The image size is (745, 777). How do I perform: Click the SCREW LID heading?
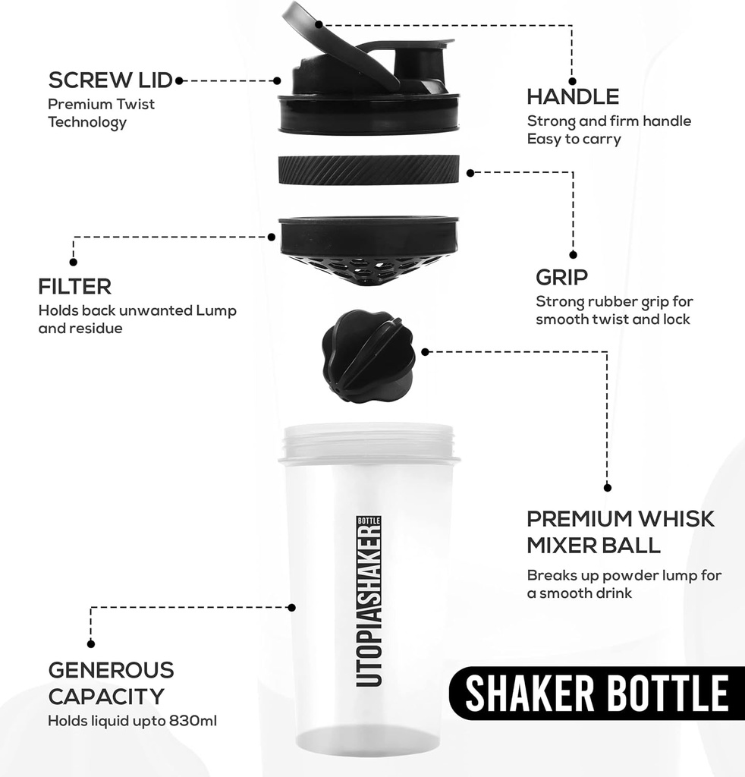tap(110, 80)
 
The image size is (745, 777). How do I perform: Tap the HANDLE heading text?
tap(573, 97)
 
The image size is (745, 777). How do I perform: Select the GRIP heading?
tap(561, 276)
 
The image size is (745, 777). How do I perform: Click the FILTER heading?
tap(74, 287)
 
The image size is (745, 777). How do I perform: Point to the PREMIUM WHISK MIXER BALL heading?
tap(620, 532)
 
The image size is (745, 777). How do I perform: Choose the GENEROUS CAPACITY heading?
tap(111, 683)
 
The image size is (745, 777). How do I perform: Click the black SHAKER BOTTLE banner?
tap(596, 693)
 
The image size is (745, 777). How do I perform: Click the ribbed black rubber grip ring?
tap(369, 169)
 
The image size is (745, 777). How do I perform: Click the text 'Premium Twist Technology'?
tap(101, 113)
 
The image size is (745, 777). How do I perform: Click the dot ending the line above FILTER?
tap(73, 262)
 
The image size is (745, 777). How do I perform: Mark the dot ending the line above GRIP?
tap(573, 255)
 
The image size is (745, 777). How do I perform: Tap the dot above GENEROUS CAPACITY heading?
tap(91, 643)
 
